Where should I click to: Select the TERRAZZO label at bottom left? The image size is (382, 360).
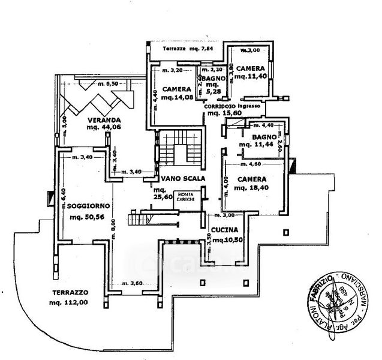(70, 292)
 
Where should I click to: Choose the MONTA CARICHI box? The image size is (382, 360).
(185, 197)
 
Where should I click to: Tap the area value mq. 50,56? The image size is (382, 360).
(86, 218)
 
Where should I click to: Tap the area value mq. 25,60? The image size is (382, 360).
(158, 199)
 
